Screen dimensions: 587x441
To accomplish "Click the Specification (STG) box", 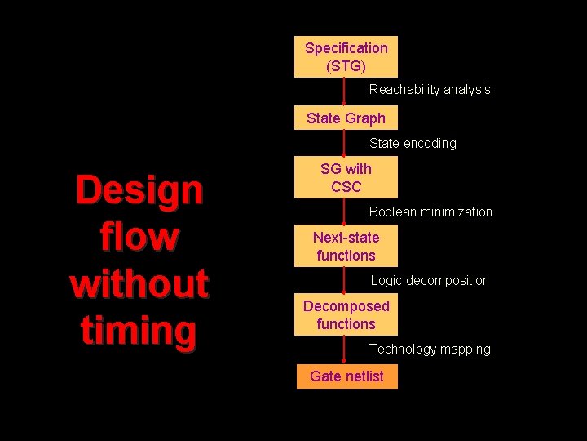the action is pyautogui.click(x=346, y=56).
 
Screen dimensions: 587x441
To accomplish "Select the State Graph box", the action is pyautogui.click(x=346, y=118).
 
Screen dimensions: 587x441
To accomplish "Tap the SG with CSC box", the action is pyautogui.click(x=346, y=177).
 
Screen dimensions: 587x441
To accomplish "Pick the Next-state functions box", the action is pyautogui.click(x=346, y=246).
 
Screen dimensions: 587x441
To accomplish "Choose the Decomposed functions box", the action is pyautogui.click(x=346, y=314).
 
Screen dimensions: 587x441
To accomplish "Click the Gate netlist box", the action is pyautogui.click(x=346, y=376).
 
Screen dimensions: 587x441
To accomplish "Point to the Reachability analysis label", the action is pyautogui.click(x=430, y=89).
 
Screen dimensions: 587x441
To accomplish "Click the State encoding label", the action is pyautogui.click(x=413, y=143).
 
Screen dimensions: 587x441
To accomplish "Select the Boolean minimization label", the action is pyautogui.click(x=430, y=212).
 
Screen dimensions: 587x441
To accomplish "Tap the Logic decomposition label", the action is pyautogui.click(x=430, y=280).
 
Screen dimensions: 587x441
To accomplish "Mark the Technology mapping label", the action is pyautogui.click(x=430, y=349).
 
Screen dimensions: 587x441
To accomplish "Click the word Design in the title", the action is pyautogui.click(x=139, y=190).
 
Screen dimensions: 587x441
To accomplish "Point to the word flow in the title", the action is pyautogui.click(x=139, y=237).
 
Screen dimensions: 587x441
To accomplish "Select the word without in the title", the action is pyautogui.click(x=139, y=283).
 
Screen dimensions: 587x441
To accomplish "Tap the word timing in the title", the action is pyautogui.click(x=139, y=331).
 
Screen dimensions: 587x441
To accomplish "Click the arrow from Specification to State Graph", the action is pyautogui.click(x=344, y=91).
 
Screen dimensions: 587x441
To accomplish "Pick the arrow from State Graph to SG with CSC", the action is pyautogui.click(x=344, y=143).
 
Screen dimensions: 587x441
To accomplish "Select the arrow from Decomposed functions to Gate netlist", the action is pyautogui.click(x=344, y=349).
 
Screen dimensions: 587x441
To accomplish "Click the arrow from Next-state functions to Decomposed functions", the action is pyautogui.click(x=344, y=280).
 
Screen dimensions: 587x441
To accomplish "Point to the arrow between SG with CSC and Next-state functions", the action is pyautogui.click(x=344, y=212).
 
